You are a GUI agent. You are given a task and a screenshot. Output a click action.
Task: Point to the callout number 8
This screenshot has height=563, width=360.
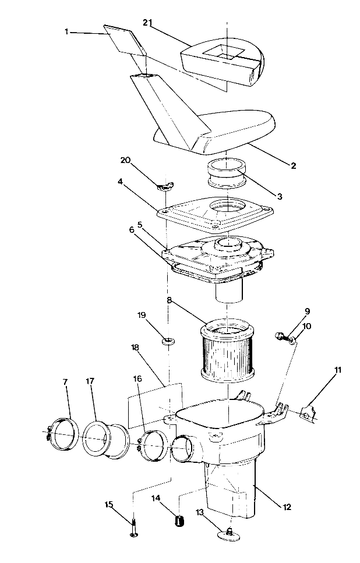169,302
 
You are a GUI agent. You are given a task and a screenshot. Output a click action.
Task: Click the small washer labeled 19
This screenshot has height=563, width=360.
168,340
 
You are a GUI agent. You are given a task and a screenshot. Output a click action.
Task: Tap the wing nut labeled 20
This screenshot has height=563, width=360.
166,186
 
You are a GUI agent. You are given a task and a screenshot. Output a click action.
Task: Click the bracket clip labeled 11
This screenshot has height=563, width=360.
308,413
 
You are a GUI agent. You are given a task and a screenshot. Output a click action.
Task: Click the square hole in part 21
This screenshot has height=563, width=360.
220,51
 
